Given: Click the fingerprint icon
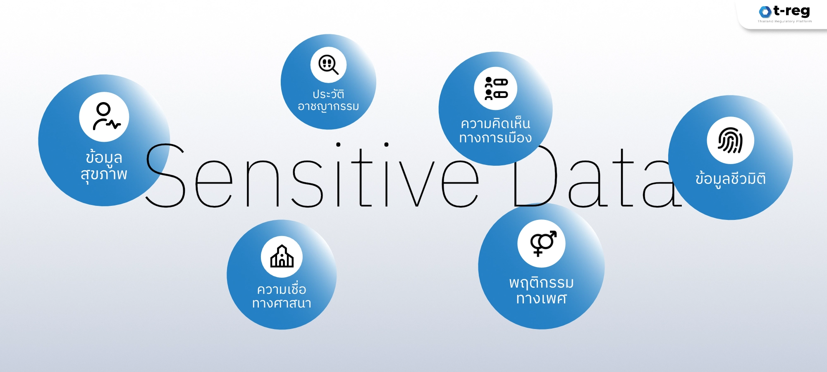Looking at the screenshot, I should click(x=730, y=141).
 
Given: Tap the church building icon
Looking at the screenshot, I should click(x=282, y=257).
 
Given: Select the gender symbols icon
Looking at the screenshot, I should click(x=542, y=244).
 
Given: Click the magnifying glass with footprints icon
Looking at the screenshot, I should click(x=328, y=65).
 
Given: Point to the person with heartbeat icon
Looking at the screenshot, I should click(x=105, y=117).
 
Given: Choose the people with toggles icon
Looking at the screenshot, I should click(x=495, y=88).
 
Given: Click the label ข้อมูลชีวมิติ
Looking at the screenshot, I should click(x=730, y=179).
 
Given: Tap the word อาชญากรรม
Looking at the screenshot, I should click(x=328, y=107).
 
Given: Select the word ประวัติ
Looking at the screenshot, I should click(x=328, y=94).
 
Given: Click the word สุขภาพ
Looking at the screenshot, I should click(x=104, y=174).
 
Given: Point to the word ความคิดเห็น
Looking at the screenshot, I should click(x=495, y=123).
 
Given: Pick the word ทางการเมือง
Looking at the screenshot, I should click(x=495, y=138).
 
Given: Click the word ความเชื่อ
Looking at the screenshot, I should click(x=282, y=289).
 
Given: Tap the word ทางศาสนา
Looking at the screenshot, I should click(x=282, y=303).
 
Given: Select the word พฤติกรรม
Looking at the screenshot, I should click(x=541, y=283).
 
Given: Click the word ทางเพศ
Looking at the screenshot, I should click(x=541, y=298).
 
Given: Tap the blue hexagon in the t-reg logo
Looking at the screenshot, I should click(x=765, y=12).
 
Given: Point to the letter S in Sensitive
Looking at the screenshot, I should click(x=165, y=175).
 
